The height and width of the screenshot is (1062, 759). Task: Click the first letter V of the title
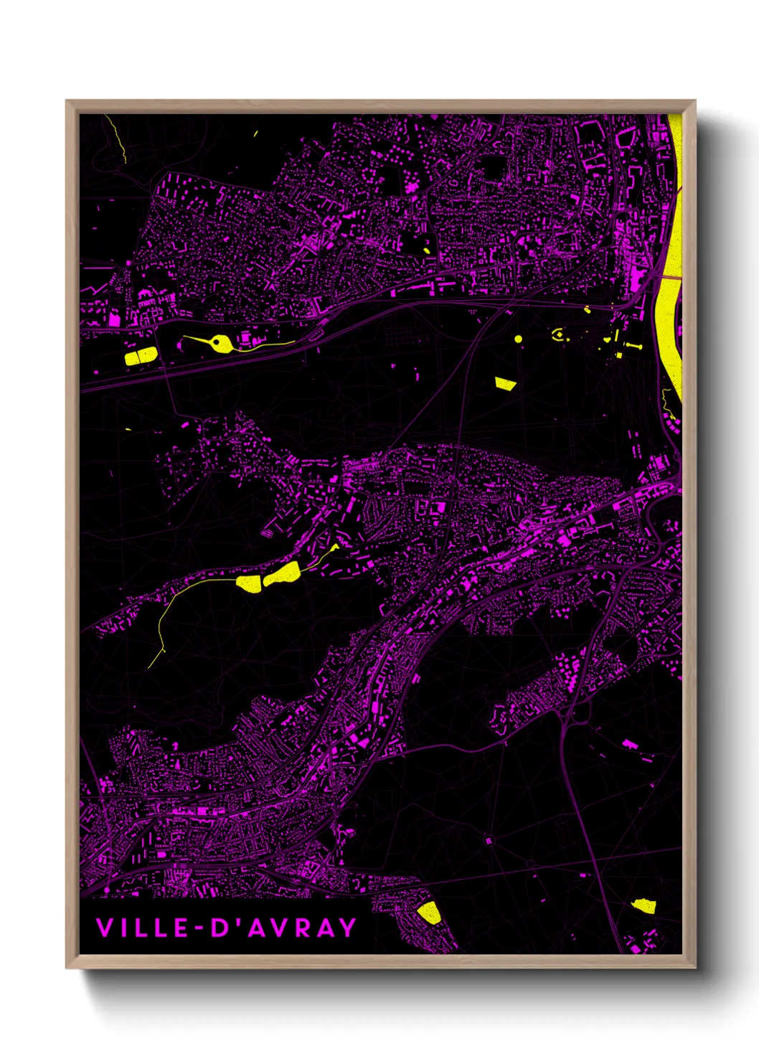point(103,928)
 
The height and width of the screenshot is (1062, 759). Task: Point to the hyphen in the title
point(182,929)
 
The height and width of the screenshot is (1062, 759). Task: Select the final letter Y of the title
point(347,928)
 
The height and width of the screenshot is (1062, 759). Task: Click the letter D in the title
point(216,928)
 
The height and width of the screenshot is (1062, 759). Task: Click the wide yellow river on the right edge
point(672,273)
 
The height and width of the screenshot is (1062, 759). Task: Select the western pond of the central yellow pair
point(249,583)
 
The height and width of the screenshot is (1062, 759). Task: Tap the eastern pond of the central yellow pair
point(283,574)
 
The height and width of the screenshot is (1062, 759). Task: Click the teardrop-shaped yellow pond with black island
point(221,344)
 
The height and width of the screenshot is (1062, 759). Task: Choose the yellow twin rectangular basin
point(141,356)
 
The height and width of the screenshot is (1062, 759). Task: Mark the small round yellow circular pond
point(518,339)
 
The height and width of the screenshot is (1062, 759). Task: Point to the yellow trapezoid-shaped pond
point(505,383)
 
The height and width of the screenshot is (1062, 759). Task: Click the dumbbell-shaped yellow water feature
point(633,345)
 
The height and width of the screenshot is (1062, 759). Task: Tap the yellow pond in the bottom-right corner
point(644,906)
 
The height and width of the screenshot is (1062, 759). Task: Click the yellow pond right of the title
point(428,912)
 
